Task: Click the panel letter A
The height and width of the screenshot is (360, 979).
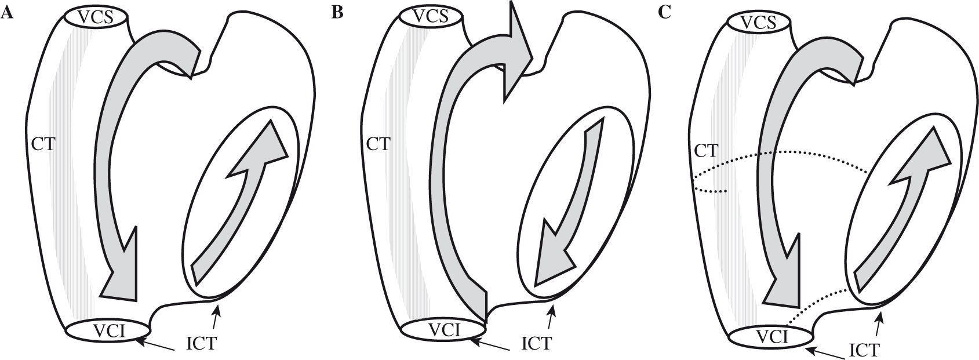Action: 8,13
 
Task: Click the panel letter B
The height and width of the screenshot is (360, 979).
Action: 337,13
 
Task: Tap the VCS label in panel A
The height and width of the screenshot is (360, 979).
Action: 97,17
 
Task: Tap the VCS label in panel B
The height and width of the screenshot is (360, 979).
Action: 431,17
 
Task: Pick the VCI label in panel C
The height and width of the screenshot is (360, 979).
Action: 770,337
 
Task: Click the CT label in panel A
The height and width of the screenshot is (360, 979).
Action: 43,144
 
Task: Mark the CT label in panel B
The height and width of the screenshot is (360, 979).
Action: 379,144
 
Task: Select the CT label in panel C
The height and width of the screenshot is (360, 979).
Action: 706,152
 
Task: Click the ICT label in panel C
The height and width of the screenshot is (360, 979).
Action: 865,350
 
